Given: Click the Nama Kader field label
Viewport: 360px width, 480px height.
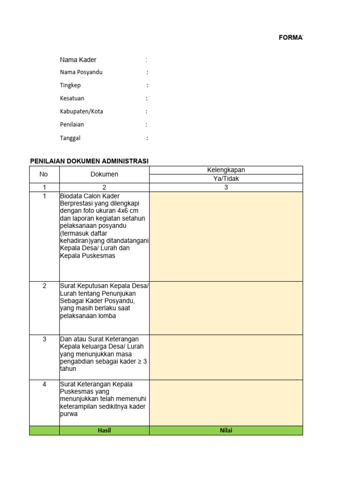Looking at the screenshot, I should point(78,60).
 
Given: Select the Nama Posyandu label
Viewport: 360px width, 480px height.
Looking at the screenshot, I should point(81,72).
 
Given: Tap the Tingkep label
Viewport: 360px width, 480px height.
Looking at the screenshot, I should point(70,85).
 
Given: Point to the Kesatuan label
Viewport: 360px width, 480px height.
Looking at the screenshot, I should point(72,98).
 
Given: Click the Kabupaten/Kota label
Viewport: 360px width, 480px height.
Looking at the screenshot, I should point(82,112).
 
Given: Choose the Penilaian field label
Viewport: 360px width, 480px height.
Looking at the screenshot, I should point(72,125).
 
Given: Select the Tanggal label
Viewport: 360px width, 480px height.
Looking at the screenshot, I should point(70,138).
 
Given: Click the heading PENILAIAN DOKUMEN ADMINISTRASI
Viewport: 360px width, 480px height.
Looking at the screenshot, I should point(89,161).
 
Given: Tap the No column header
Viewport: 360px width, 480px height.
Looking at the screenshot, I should point(44,174).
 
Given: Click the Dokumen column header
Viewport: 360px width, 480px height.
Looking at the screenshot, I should point(104,174).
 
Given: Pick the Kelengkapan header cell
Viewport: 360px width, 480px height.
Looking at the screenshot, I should point(226,170).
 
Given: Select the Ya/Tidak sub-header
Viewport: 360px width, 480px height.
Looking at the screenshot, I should point(226,179).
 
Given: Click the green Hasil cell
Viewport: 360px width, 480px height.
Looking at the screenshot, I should point(104,430).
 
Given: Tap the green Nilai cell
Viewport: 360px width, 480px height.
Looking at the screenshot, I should point(226,430).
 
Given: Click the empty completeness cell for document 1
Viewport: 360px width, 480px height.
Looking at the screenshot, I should point(226,236).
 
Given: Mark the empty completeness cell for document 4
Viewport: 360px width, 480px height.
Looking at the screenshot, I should point(226,403).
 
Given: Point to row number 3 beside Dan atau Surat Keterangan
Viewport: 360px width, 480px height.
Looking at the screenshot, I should point(44,339).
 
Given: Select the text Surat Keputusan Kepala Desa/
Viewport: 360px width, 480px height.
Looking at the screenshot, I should point(104,286).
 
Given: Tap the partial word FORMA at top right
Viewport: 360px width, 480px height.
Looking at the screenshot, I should point(291,37).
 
